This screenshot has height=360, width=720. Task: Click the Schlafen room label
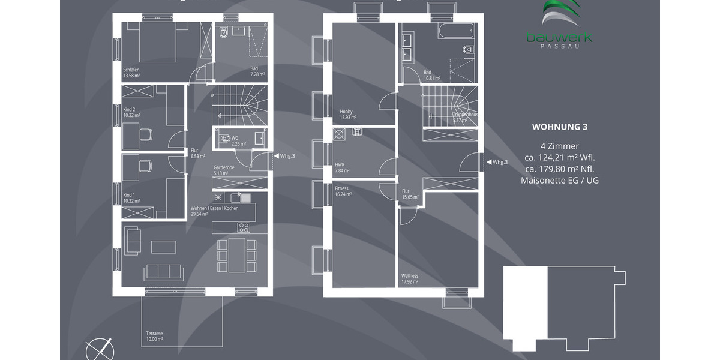click(131, 73)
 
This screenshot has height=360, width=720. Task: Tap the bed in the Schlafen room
click(158, 42)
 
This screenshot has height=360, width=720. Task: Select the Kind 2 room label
click(131, 112)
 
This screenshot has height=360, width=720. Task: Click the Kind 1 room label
click(131, 197)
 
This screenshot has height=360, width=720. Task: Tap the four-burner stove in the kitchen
click(244, 227)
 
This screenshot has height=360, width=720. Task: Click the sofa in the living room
click(163, 272)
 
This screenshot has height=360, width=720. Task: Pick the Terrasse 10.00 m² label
click(154, 336)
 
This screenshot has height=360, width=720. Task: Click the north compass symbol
click(99, 349)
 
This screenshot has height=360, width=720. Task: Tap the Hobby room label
click(346, 114)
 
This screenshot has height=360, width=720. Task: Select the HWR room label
click(342, 167)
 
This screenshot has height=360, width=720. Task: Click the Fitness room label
click(342, 191)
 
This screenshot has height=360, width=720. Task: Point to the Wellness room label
click(410, 278)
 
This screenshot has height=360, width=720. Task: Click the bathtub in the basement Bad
click(457, 31)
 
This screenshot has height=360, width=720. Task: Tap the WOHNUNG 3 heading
click(559, 127)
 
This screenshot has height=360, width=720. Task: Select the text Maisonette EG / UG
click(559, 180)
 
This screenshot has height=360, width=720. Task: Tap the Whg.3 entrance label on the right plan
click(500, 162)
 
